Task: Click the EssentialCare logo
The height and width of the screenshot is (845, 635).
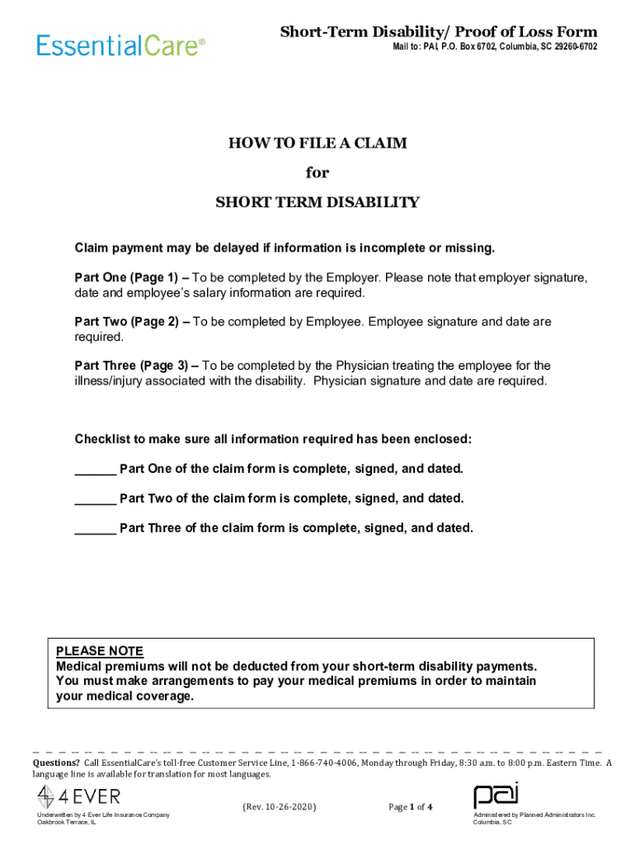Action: pos(120,44)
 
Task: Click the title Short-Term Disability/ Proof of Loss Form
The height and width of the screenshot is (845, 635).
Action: pos(439,32)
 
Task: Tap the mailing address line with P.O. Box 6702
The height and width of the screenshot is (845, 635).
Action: pos(494,47)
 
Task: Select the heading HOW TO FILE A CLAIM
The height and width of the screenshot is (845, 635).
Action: pos(317,144)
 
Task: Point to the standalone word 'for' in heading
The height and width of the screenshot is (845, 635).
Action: pos(317,172)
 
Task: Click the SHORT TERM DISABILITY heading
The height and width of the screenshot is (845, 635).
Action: pos(317,202)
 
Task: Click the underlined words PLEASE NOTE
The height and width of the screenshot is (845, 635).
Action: pos(100,651)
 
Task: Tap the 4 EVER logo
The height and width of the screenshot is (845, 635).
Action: pos(79,797)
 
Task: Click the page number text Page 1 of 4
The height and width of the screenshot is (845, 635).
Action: pos(411,807)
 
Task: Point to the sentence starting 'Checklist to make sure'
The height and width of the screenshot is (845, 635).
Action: pos(273,439)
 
